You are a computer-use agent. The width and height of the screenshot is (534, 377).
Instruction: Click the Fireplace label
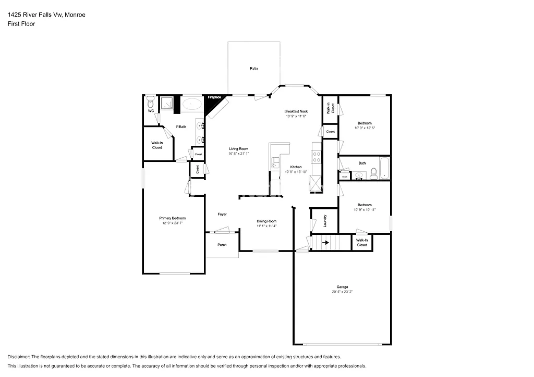[215, 97]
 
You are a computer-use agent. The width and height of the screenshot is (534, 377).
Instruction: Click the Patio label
[253, 69]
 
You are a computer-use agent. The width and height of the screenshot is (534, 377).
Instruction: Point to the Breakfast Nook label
[296, 111]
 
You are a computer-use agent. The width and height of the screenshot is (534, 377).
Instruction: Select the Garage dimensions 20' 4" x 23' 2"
[342, 292]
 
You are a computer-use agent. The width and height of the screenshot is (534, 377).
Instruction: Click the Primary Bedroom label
[173, 218]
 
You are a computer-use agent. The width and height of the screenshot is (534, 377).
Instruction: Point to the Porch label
[222, 245]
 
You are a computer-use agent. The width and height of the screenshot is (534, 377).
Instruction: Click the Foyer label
[222, 215]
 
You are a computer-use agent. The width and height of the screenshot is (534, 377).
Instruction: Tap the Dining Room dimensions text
[266, 226]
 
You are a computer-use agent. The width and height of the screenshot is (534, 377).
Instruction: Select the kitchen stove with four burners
[316, 156]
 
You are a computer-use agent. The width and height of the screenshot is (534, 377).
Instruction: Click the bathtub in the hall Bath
[384, 168]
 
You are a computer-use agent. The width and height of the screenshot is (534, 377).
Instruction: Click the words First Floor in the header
[21, 24]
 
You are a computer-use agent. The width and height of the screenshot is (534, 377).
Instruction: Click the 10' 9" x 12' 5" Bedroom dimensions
[365, 128]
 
